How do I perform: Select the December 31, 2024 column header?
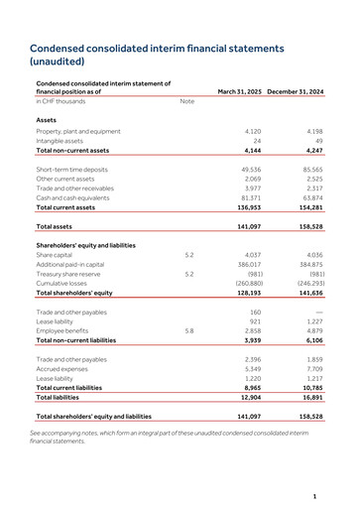pos(296,91)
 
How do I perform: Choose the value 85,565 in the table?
pos(311,170)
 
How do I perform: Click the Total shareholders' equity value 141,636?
pos(309,294)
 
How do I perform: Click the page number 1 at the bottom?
pos(313,494)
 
